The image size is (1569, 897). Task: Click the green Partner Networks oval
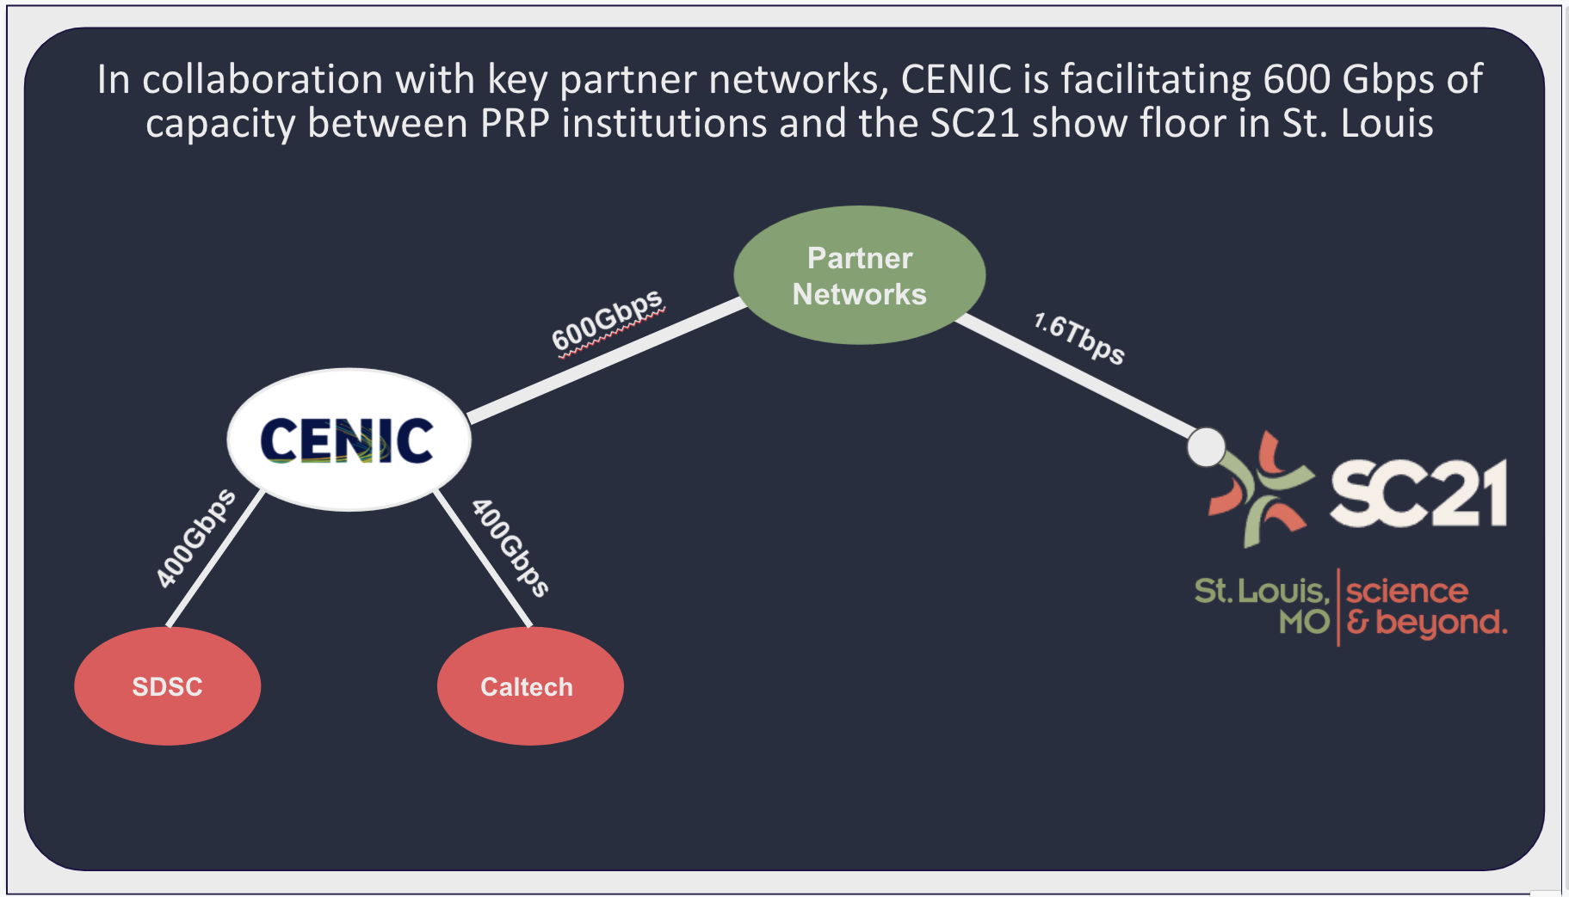(859, 275)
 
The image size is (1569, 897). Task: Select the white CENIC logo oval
(349, 439)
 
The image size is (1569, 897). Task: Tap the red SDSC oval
(167, 686)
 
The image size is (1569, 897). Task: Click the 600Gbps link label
(607, 321)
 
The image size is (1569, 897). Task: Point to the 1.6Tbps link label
(1079, 338)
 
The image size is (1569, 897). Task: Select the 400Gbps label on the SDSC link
(195, 538)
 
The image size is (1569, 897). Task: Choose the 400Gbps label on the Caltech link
(510, 548)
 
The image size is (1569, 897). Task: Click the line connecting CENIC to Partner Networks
(602, 361)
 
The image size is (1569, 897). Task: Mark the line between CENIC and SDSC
(215, 559)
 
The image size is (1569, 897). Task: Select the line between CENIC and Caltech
(482, 559)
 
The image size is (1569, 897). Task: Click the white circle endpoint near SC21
(1206, 447)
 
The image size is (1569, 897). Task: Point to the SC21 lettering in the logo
(1418, 493)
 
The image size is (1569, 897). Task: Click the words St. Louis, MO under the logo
(1263, 605)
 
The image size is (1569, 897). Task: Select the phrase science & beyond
(1424, 606)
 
